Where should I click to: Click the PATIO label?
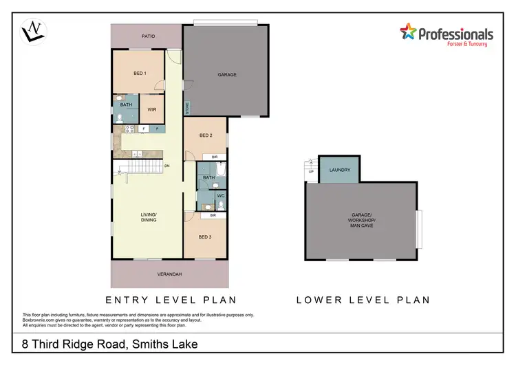point(147,35)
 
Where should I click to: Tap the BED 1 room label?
point(140,73)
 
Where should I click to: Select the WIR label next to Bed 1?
point(151,109)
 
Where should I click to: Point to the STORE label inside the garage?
point(186,108)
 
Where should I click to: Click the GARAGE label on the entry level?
point(227,74)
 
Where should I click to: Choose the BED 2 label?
point(205,135)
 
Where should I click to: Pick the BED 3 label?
point(204,237)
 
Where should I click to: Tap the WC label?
point(220,196)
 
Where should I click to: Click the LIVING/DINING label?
point(149,217)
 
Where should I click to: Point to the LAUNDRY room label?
point(340,170)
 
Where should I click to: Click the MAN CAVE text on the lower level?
point(362,225)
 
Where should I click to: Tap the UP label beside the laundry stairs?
point(310,172)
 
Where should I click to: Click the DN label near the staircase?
point(166,166)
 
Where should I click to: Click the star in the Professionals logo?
point(408,32)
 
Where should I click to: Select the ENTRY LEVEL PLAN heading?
point(171,300)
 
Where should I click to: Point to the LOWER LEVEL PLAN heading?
point(363,300)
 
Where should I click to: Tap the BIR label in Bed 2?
point(215,157)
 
